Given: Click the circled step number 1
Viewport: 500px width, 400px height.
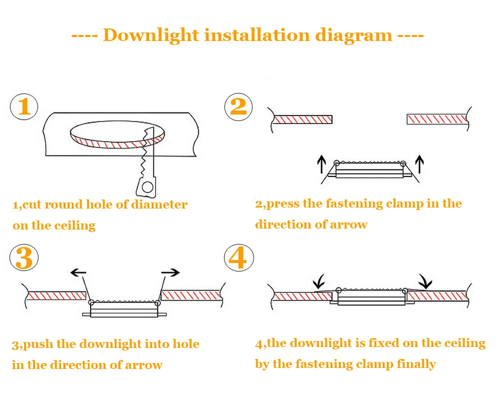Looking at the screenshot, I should [24, 107].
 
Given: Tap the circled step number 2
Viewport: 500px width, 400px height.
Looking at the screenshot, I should [238, 107].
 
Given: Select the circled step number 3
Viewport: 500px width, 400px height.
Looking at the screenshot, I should [24, 258].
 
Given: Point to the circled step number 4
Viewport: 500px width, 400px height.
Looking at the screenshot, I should [238, 258].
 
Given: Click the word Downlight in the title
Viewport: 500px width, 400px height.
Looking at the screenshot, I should [151, 35].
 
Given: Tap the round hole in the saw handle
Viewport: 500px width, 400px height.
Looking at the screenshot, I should [147, 187].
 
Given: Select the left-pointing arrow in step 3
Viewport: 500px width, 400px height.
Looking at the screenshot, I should [78, 272].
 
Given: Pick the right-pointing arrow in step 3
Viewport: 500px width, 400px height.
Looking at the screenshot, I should [170, 272].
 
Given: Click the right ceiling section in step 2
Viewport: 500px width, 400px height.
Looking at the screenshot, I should [437, 119].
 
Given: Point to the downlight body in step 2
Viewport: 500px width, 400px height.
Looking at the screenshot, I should [370, 171].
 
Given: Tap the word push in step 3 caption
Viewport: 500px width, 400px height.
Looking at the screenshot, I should [39, 344].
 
